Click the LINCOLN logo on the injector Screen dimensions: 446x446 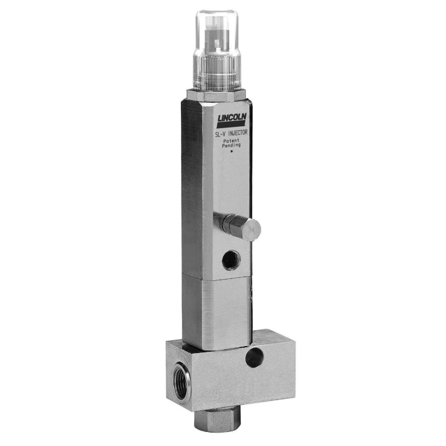click(231, 120)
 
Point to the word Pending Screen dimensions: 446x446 click(231, 145)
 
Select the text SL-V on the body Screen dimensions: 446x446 click(220, 134)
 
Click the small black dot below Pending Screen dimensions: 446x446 click(231, 152)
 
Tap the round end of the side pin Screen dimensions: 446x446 click(252, 230)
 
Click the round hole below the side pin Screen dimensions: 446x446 click(231, 260)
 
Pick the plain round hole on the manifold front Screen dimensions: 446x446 click(254, 357)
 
